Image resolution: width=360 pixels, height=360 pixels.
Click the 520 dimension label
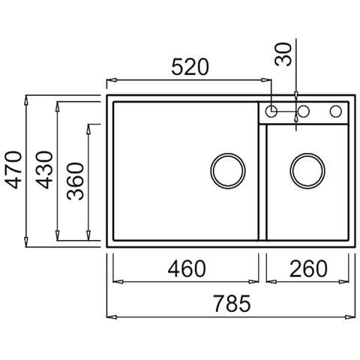pos(190,67)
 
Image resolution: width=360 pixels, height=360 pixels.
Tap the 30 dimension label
pos(283,54)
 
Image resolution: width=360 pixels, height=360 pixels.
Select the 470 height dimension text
pos(13,169)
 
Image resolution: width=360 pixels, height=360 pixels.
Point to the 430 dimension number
pos(44,169)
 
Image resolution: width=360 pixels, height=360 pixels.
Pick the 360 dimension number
pos(75,181)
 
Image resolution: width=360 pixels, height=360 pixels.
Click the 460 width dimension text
pos(187,268)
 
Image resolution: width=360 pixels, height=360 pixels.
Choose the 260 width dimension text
pos(308,268)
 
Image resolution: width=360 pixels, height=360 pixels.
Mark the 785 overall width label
pos(232,304)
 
